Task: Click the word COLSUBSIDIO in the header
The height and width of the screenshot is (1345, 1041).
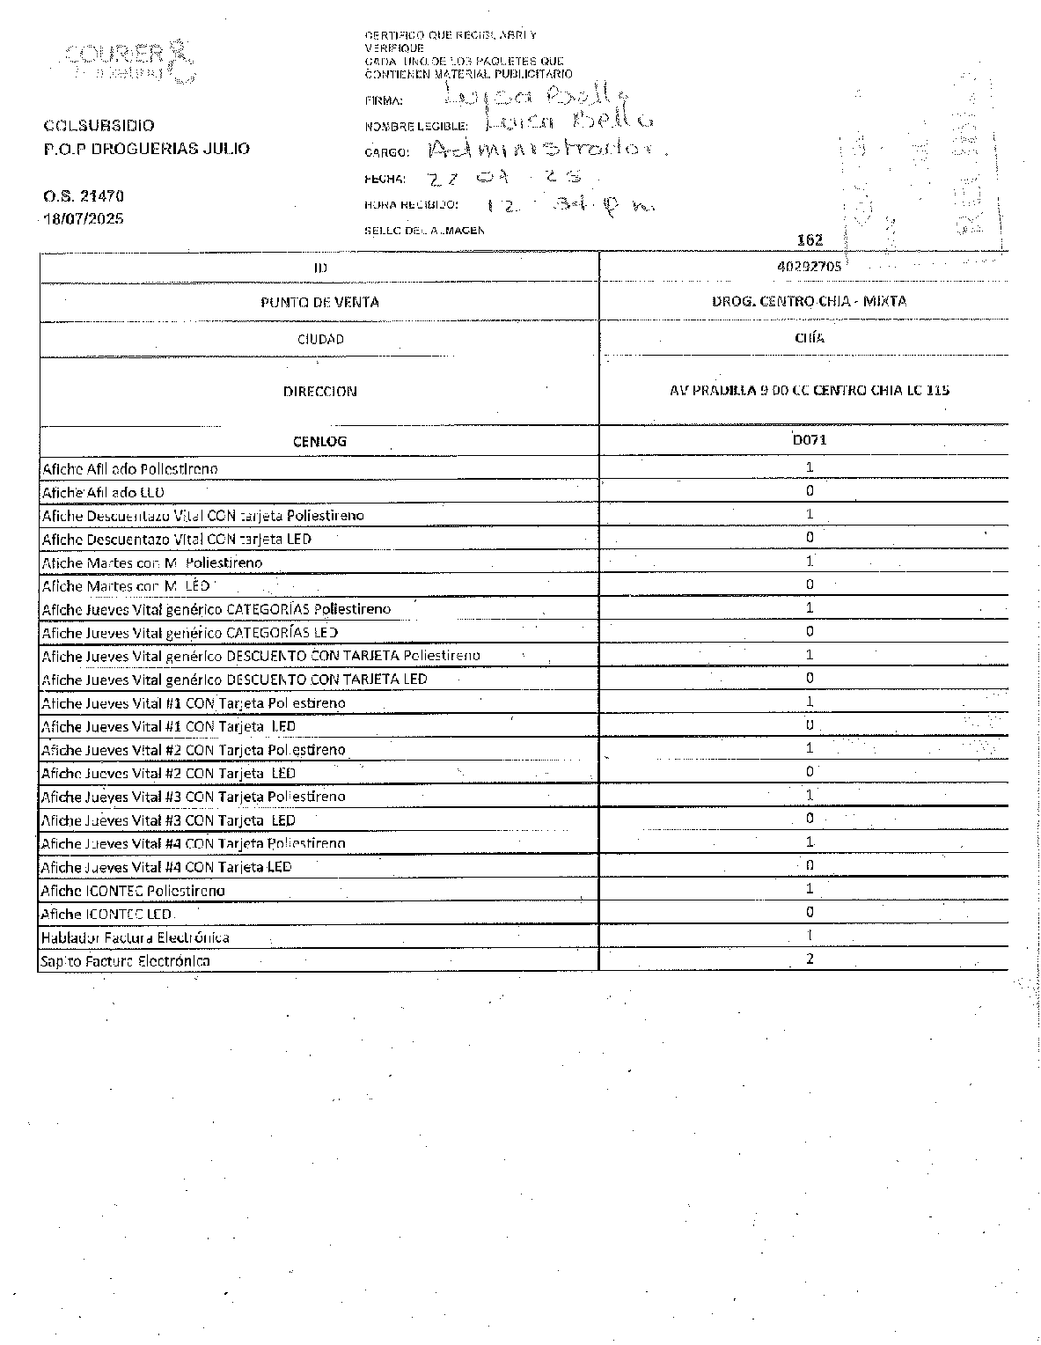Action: [x=99, y=126]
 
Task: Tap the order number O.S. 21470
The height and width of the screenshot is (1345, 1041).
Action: [x=84, y=195]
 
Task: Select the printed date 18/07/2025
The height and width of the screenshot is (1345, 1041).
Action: [x=84, y=218]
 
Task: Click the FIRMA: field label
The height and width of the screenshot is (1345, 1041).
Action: [x=383, y=100]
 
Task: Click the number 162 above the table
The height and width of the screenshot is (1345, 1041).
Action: [x=809, y=239]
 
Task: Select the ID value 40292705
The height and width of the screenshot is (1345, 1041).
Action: [x=809, y=266]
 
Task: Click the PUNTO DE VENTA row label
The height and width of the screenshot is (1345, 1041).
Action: [x=319, y=302]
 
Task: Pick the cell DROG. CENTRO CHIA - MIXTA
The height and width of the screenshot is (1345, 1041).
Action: [x=809, y=301]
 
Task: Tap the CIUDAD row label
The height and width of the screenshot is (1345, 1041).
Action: [x=319, y=339]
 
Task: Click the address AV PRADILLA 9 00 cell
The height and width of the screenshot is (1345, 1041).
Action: [x=809, y=390]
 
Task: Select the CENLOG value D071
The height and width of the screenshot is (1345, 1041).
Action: [x=809, y=439]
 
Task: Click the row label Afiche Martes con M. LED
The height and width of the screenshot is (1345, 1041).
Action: [x=126, y=586]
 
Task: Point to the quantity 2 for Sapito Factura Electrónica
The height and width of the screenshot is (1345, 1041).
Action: [x=810, y=959]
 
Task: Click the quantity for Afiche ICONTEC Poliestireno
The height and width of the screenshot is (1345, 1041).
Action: [x=810, y=888]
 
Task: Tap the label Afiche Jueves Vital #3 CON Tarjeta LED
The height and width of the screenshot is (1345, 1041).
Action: [x=168, y=820]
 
